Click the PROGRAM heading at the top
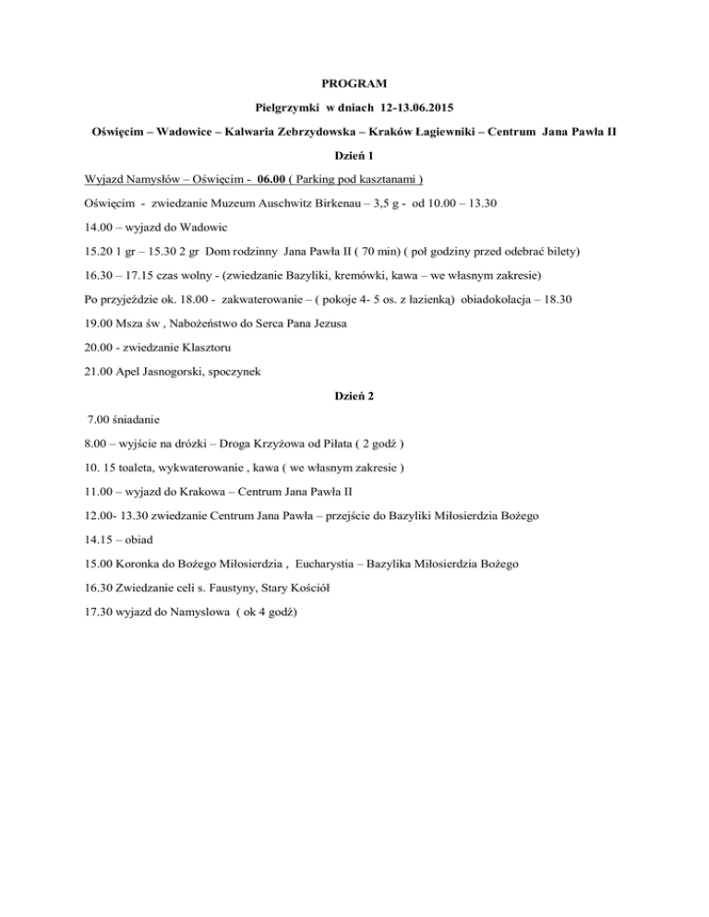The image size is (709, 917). coord(354,84)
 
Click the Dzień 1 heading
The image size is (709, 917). coord(354,156)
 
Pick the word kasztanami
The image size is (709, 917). coord(386,180)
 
